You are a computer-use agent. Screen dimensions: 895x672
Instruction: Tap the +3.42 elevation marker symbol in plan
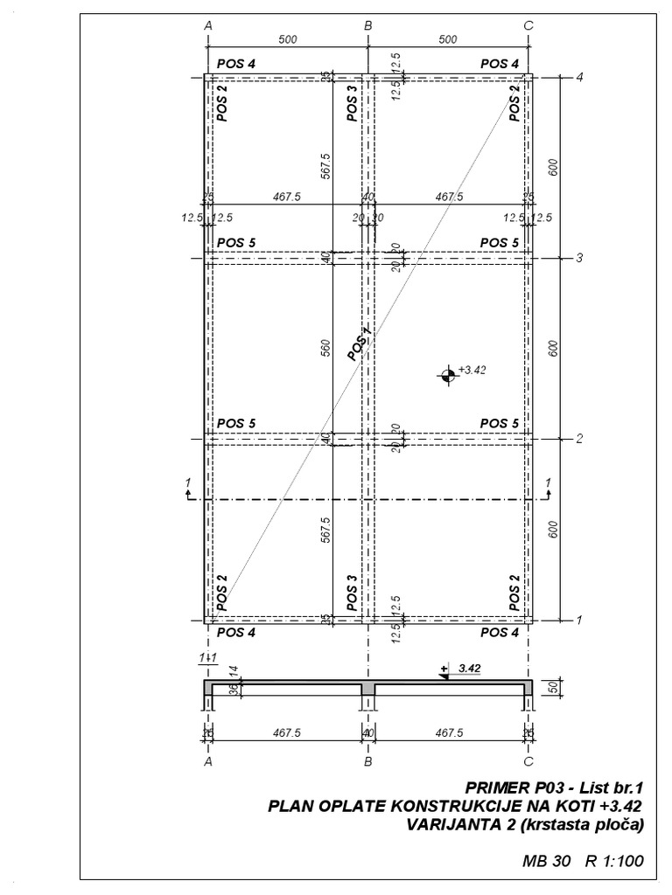click(x=447, y=375)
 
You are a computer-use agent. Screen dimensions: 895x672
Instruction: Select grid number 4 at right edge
click(x=579, y=77)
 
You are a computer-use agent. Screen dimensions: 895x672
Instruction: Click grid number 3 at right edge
click(x=579, y=258)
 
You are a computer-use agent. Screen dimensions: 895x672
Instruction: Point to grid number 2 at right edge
click(x=579, y=439)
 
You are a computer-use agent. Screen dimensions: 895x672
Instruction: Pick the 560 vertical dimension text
click(x=325, y=349)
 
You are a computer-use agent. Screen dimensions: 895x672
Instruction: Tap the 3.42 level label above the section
click(x=470, y=667)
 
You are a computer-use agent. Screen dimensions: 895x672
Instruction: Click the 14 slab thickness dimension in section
click(x=234, y=670)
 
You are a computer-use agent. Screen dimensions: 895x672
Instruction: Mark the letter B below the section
click(x=368, y=761)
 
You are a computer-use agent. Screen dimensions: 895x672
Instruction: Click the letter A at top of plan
click(x=208, y=26)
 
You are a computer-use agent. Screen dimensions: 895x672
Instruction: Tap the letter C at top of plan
click(x=528, y=26)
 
